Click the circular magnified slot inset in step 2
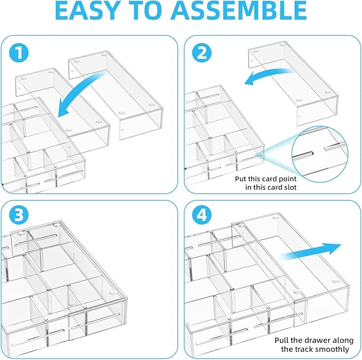(317, 152)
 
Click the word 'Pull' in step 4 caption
(283, 340)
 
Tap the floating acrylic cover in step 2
(293, 80)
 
